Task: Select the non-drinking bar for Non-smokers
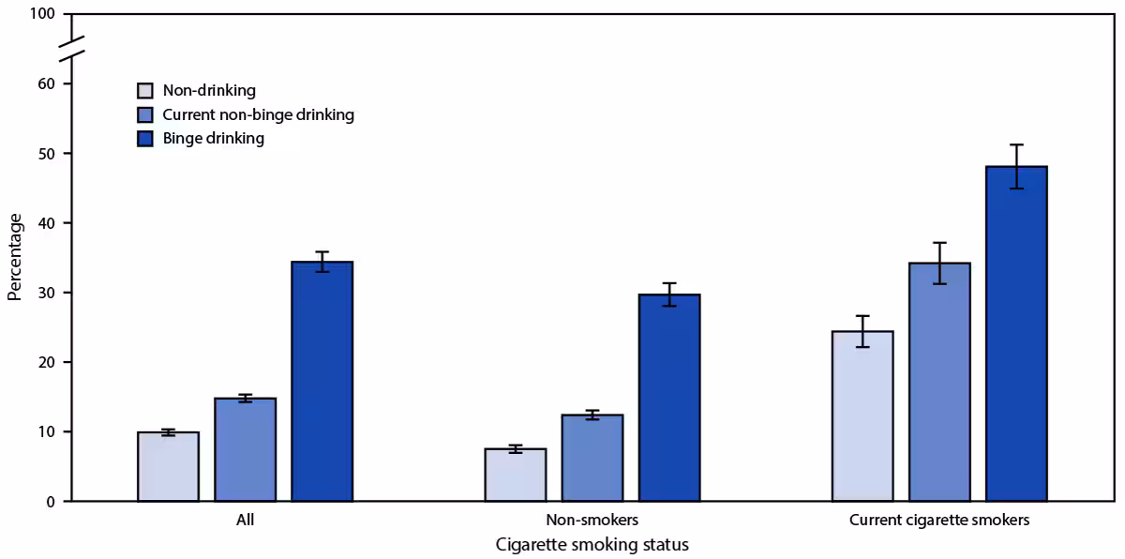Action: [515, 476]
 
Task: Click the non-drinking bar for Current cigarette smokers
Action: [862, 416]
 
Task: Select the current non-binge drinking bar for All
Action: [245, 450]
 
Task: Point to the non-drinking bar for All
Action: [168, 467]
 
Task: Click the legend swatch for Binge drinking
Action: [144, 139]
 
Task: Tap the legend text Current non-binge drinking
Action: [258, 114]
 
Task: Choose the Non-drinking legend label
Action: [208, 91]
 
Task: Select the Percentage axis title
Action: [14, 257]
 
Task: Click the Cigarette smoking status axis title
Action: [592, 545]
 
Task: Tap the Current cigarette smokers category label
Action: [938, 520]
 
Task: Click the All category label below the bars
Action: [245, 520]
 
